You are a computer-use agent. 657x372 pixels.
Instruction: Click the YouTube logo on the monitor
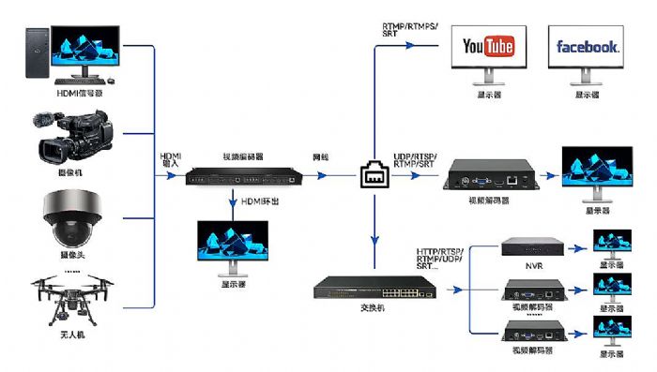[489, 47]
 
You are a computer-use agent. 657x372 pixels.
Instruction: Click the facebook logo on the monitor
[588, 47]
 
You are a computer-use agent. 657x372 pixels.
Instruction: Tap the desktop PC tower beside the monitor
[35, 53]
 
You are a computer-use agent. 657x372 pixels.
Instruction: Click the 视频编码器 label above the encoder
[242, 156]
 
